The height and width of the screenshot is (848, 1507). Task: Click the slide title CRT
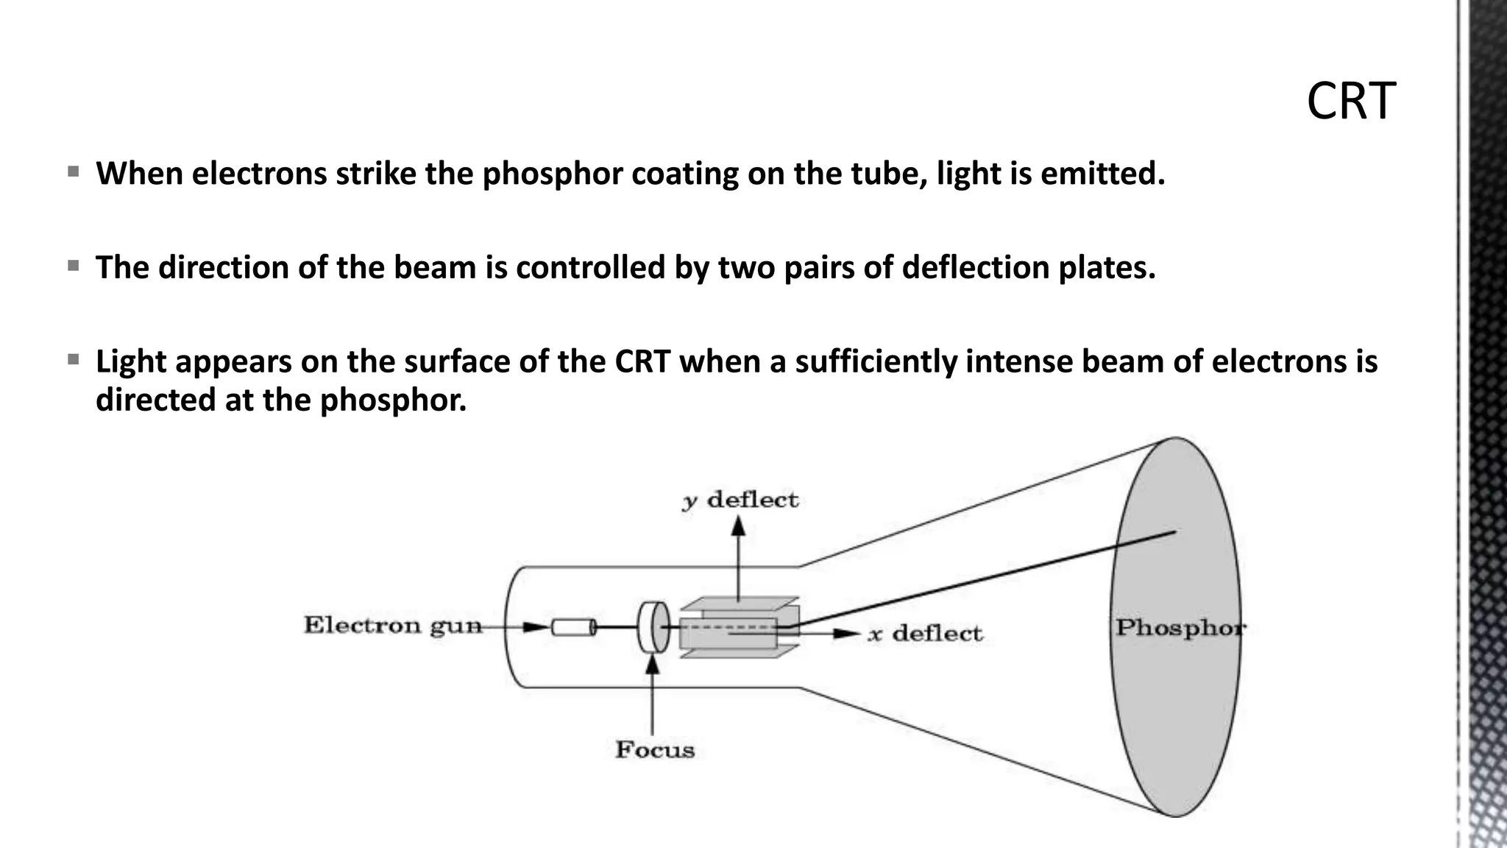click(x=1351, y=102)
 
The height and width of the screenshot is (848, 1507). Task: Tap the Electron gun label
click(x=393, y=626)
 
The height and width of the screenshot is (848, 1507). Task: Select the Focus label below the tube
click(x=655, y=750)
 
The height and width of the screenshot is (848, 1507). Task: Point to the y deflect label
click(x=740, y=501)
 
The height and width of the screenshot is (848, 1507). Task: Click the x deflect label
click(x=925, y=634)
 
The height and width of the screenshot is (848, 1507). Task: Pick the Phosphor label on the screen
click(x=1180, y=628)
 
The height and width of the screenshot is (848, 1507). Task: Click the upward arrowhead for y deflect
click(x=739, y=526)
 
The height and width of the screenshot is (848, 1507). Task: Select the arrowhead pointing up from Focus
click(x=652, y=665)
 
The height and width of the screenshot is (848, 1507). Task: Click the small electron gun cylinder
click(x=573, y=627)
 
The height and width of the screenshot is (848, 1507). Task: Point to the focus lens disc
click(x=653, y=627)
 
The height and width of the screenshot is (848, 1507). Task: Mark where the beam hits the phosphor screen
click(x=1175, y=531)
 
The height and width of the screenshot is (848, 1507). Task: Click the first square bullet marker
click(x=73, y=172)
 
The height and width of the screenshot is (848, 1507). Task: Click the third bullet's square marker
click(x=73, y=360)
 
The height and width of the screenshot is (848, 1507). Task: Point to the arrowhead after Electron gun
click(x=536, y=627)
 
